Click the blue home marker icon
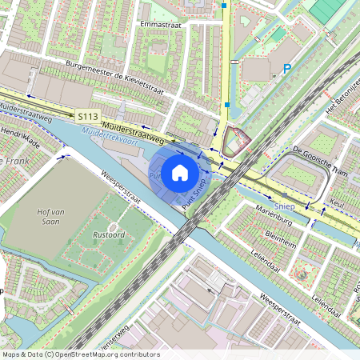click(x=180, y=172)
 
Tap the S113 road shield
click(x=88, y=117)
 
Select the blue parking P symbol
click(x=286, y=70)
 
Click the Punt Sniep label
click(x=196, y=194)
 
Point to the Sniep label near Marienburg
click(x=282, y=197)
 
